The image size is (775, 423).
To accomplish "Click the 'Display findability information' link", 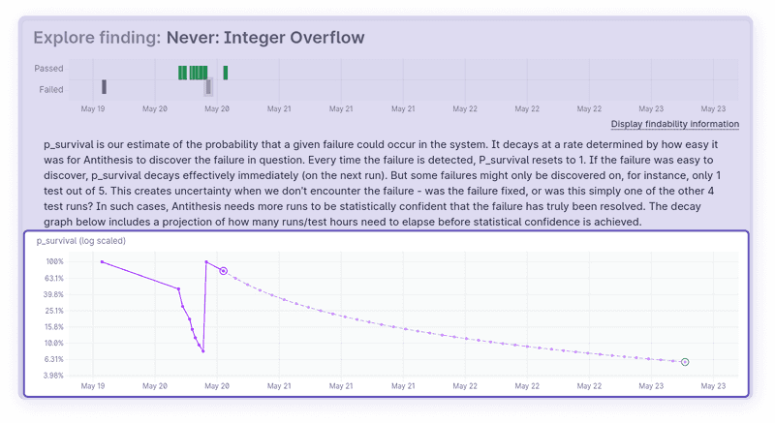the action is click(x=674, y=124).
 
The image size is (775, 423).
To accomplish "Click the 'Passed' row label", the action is click(x=48, y=69).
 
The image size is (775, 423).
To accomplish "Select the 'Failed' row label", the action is click(x=51, y=89).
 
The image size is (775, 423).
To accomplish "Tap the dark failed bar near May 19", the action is click(x=104, y=87).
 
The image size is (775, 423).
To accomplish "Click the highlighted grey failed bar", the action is click(x=208, y=87).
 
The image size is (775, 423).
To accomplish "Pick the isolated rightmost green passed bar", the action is click(x=226, y=73).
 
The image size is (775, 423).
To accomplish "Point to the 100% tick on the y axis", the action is click(x=55, y=261).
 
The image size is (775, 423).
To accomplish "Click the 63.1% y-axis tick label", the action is click(x=54, y=278).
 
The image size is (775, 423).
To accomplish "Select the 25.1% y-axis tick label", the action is click(x=54, y=311).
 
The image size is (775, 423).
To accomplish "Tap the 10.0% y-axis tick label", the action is click(x=54, y=343).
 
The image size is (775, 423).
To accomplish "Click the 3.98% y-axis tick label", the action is click(x=53, y=376).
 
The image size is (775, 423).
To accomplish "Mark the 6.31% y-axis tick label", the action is click(x=54, y=359).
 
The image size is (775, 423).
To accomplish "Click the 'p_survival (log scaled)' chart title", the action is click(x=81, y=241).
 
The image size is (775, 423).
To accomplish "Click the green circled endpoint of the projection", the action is click(x=685, y=362).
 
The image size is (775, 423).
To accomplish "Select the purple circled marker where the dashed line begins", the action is click(x=224, y=271).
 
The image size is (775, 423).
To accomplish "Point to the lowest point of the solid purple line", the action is click(x=203, y=351).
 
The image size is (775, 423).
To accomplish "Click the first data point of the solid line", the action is click(x=102, y=262).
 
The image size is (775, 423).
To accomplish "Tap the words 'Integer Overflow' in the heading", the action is click(x=294, y=38).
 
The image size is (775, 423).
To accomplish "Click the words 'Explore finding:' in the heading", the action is click(x=97, y=38).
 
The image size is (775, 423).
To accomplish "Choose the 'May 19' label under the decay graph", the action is click(x=93, y=386).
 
